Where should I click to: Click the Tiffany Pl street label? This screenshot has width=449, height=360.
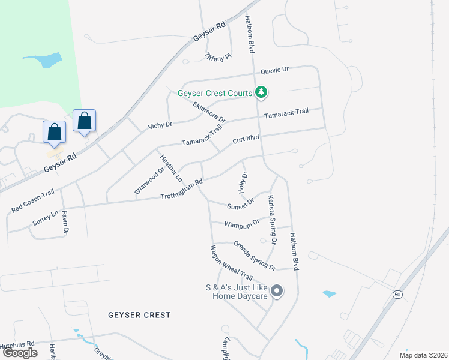(218, 57)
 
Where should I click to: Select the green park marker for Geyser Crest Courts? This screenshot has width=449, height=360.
(261, 93)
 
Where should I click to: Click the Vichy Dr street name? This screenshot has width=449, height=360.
(160, 125)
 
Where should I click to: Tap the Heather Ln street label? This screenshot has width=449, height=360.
(170, 168)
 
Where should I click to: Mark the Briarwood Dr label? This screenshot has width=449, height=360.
(149, 181)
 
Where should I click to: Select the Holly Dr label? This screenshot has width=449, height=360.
(244, 182)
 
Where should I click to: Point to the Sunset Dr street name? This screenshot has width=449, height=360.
(241, 204)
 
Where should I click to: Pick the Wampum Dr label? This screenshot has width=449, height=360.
(241, 223)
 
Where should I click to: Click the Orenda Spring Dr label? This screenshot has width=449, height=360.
(255, 255)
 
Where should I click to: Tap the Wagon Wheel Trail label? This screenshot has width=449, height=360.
(231, 265)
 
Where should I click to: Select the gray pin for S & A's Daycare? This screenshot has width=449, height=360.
(277, 292)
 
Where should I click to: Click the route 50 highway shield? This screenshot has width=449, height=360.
(397, 294)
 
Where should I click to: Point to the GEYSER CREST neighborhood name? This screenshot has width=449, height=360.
(139, 315)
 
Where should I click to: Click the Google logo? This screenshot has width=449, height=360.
(20, 352)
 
